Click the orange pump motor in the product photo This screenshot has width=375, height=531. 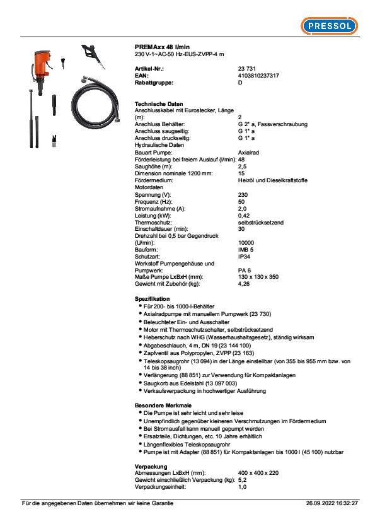click(42, 62)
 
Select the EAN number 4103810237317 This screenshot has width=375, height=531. click(258, 76)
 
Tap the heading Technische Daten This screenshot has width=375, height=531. click(159, 103)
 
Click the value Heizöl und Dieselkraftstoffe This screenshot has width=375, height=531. click(272, 180)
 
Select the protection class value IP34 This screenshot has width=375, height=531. click(244, 257)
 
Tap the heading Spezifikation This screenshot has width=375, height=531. click(152, 298)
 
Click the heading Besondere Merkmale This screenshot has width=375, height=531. click(163, 404)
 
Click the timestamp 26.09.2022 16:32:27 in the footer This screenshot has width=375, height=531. click(332, 503)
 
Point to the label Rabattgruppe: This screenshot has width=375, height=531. click(154, 83)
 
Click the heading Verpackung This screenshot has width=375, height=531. click(151, 466)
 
